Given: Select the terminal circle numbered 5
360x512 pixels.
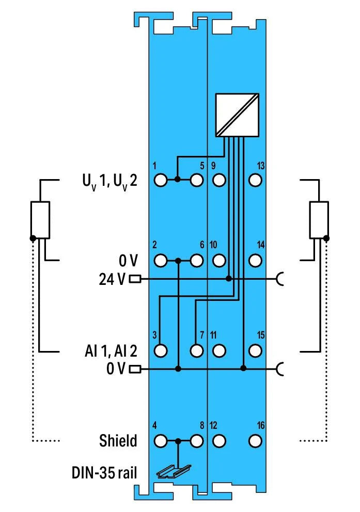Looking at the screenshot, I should [196, 180].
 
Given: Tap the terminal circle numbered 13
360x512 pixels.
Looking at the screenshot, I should [254, 180].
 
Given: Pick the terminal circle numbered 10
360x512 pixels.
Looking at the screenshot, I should [219, 261].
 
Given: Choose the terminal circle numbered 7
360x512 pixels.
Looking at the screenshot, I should [196, 350].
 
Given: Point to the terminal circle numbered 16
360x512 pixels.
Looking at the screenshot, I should [254, 441].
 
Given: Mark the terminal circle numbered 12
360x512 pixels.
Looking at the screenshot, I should [219, 441].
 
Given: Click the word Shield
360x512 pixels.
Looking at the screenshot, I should [118, 441].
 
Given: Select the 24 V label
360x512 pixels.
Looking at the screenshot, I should [112, 279].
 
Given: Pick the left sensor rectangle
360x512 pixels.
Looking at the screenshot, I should [40, 220].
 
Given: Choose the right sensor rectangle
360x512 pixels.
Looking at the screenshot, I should [319, 220].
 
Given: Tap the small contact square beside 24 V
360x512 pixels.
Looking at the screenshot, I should [135, 279].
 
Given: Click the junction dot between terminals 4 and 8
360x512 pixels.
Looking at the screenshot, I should [178, 441].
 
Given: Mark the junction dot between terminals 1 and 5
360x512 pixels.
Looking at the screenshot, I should [177, 180].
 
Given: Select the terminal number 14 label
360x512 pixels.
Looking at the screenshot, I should [260, 245].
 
